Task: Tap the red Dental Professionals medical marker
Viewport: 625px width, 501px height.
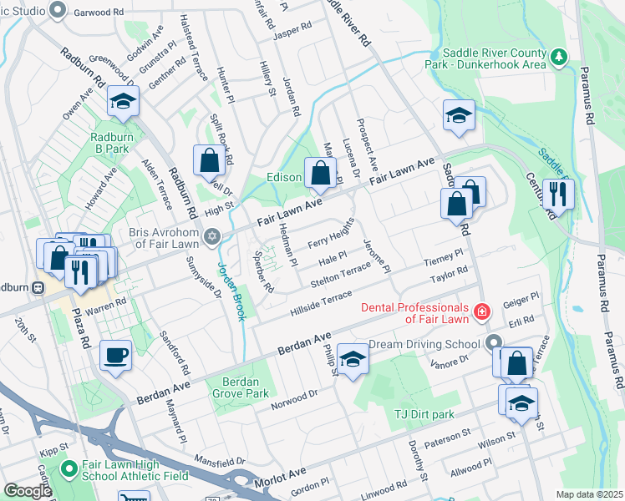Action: click(481, 312)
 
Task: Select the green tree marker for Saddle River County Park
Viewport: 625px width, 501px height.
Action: click(558, 58)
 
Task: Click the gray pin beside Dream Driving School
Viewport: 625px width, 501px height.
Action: click(495, 342)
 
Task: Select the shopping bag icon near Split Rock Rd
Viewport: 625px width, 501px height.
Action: click(207, 160)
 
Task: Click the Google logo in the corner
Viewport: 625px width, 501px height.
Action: click(28, 491)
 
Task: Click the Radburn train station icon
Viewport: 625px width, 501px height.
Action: click(38, 287)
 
